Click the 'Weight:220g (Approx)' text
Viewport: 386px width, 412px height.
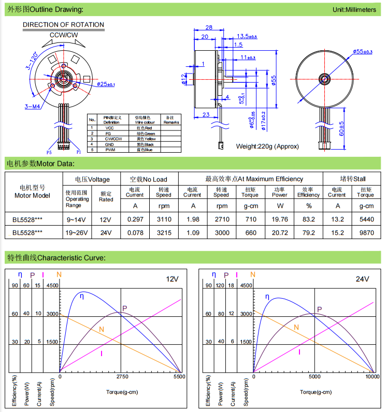pyautogui.click(x=267, y=146)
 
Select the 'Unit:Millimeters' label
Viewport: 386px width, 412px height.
pyautogui.click(x=354, y=10)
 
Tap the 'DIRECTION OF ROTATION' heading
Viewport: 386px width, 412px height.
pyautogui.click(x=63, y=25)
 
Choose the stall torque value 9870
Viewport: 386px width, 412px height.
pyautogui.click(x=365, y=233)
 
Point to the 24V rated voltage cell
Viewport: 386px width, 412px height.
pyautogui.click(x=106, y=233)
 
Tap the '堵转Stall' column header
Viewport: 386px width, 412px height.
pyautogui.click(x=352, y=179)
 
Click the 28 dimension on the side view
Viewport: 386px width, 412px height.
pyautogui.click(x=209, y=28)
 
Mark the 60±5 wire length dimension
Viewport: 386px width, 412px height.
pyautogui.click(x=340, y=128)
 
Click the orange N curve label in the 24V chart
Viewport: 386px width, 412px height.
pyautogui.click(x=296, y=327)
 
